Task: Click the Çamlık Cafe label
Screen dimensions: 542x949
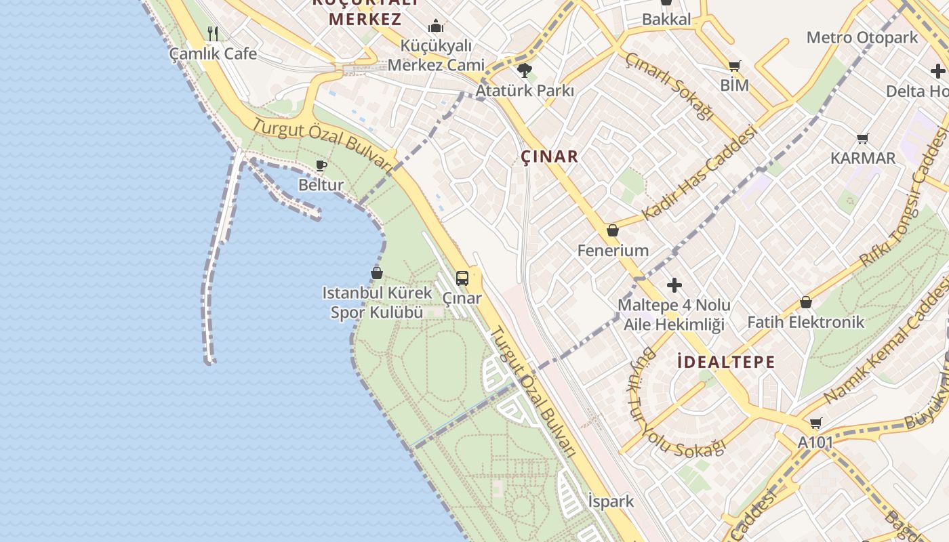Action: click(213, 54)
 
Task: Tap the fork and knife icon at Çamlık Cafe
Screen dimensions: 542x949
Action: click(213, 33)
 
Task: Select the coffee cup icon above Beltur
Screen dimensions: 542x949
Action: click(321, 165)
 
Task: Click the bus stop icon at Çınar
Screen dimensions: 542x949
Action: click(462, 278)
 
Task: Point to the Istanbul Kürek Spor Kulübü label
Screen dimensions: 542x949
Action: click(377, 303)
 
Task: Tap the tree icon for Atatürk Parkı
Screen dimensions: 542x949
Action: click(524, 70)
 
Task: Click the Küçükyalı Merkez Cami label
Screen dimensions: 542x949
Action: click(436, 56)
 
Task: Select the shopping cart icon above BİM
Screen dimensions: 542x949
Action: click(734, 66)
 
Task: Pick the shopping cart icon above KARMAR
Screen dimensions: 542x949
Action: click(863, 138)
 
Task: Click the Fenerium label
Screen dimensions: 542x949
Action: click(613, 251)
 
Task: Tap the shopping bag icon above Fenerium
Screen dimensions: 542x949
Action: click(613, 230)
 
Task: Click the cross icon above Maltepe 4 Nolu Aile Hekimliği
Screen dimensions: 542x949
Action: click(674, 285)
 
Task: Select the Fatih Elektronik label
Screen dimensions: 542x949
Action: click(805, 322)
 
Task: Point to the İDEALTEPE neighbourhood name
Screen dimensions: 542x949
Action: click(726, 362)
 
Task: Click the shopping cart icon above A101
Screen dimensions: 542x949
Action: click(815, 423)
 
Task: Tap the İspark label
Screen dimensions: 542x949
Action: click(611, 501)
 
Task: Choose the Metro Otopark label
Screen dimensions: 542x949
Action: click(862, 37)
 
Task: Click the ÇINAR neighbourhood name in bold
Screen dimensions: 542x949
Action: click(550, 157)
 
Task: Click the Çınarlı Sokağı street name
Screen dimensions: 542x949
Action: click(669, 87)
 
